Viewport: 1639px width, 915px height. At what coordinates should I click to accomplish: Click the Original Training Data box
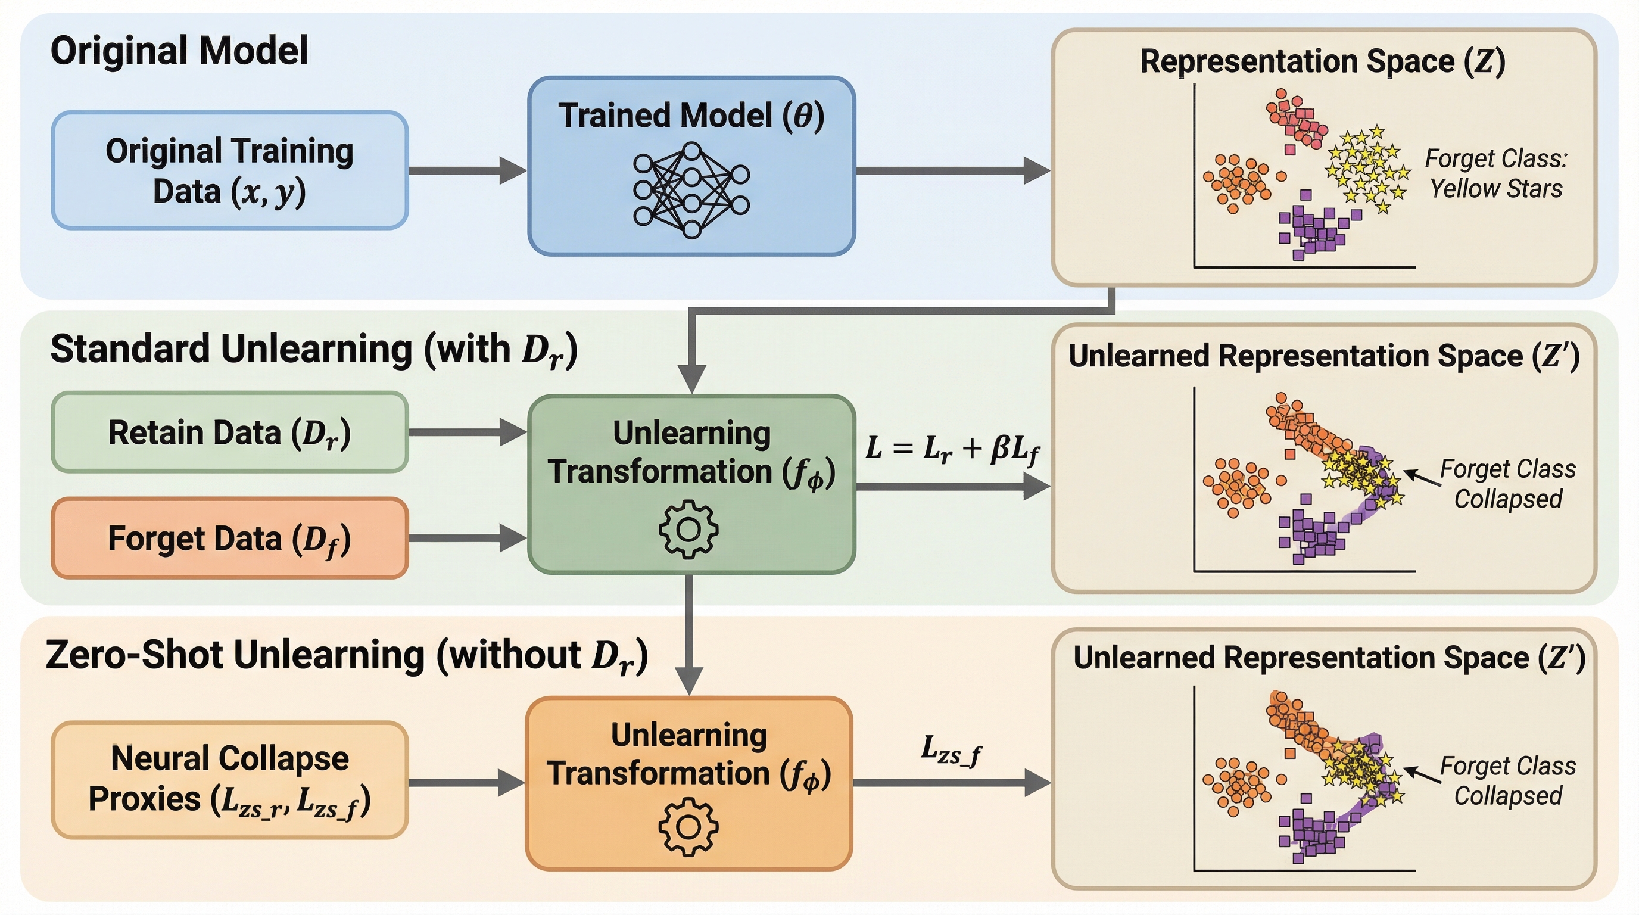click(x=230, y=170)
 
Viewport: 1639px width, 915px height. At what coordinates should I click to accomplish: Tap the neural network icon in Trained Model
click(x=691, y=190)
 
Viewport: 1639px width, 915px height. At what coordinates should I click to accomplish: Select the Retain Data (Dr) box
click(x=230, y=432)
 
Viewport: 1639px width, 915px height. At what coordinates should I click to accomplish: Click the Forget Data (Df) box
click(x=230, y=539)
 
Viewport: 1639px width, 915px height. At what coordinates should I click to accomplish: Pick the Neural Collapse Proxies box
click(x=230, y=779)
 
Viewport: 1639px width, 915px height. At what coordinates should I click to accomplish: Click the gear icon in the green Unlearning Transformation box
click(x=688, y=530)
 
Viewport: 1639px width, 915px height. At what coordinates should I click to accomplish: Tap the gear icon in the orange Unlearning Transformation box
click(x=688, y=827)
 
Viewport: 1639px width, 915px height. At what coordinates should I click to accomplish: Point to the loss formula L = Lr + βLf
click(x=952, y=449)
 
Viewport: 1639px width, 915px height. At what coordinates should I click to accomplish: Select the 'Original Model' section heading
click(x=179, y=51)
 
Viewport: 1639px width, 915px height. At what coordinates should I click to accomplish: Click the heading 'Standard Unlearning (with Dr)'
click(x=314, y=350)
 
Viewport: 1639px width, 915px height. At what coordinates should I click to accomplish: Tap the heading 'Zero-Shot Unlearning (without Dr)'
click(x=347, y=655)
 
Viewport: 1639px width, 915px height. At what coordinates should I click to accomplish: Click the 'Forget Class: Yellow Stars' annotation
click(x=1496, y=173)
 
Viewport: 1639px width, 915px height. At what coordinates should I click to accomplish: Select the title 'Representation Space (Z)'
click(x=1322, y=62)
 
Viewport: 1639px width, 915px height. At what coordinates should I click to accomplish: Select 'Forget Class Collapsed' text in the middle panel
click(x=1508, y=484)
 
